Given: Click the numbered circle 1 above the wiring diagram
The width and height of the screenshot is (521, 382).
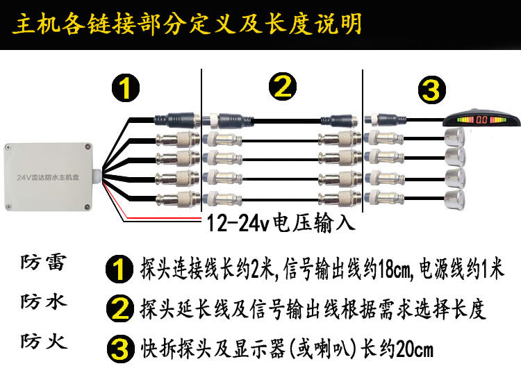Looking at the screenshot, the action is coord(125,88).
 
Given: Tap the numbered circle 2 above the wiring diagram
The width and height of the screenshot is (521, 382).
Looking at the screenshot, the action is coord(283,86).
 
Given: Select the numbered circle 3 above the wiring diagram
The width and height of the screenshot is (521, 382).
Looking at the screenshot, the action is coord(431,90).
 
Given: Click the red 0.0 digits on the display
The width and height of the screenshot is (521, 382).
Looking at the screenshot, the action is coord(481,119).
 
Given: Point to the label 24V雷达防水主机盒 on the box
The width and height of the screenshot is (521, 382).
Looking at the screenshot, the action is coord(48,177).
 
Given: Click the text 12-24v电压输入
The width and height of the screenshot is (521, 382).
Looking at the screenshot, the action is coord(281,222).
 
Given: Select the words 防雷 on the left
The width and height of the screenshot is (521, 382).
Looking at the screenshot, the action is coord(44,263).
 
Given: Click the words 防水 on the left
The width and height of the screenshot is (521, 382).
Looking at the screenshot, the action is coord(44,301).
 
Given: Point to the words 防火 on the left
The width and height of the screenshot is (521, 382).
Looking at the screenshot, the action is coord(44,341).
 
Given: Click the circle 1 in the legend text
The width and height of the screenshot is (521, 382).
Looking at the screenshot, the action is coord(119,269).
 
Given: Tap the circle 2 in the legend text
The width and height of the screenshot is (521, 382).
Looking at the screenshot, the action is coord(120,308).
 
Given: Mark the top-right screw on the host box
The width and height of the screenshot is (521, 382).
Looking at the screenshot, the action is coord(88,147).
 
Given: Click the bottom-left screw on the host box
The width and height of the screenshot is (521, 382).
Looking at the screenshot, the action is coord(8,206).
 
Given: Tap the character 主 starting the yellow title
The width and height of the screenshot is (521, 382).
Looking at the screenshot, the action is coord(24,24).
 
